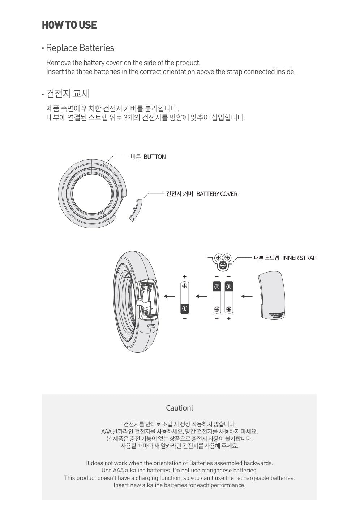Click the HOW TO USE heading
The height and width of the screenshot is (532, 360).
(69, 25)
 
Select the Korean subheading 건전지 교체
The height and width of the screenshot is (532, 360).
(68, 94)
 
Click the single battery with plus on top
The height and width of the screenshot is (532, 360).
(185, 297)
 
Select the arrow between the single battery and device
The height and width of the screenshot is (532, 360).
(169, 297)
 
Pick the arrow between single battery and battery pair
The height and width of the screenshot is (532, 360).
(201, 297)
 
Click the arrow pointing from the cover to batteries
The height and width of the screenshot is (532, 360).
(247, 297)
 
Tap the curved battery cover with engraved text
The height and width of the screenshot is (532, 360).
(273, 295)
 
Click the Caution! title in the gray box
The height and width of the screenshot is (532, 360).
(179, 408)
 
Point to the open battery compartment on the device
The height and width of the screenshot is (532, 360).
(149, 299)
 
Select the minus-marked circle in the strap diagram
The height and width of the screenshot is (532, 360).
(223, 266)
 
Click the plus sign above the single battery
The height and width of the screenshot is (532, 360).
(185, 277)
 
